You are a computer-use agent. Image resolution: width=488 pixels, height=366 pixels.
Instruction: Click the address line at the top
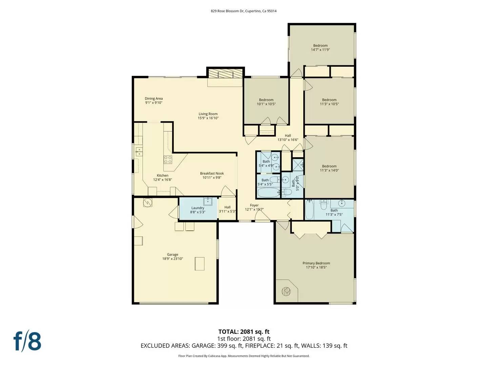pos(244,11)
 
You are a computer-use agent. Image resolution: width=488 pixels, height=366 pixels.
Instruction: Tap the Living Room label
pos(208,114)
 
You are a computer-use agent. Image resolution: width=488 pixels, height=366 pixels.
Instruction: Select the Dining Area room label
pos(154,99)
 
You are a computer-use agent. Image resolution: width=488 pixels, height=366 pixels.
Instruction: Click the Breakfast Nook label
pos(212,174)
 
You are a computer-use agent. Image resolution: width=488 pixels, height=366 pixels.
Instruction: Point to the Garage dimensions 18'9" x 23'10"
pos(172,259)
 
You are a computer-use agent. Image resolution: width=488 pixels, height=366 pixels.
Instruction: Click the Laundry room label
pos(198,208)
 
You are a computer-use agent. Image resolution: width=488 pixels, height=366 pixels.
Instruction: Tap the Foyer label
pos(254,205)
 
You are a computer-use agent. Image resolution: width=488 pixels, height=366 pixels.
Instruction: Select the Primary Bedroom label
pos(316,263)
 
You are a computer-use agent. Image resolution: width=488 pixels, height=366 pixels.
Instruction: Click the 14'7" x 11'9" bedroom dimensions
pos(320,50)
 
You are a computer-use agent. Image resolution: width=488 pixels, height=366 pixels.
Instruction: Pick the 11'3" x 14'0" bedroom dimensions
pos(329,170)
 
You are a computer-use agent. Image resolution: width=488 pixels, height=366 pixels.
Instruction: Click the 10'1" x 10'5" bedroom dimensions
pos(266,104)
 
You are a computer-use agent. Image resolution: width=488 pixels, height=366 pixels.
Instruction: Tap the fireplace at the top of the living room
pos(226,74)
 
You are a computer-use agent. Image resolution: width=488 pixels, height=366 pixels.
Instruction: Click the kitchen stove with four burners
pos(168,160)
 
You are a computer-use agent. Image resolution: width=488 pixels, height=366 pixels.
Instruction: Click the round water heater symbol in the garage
pos(148,202)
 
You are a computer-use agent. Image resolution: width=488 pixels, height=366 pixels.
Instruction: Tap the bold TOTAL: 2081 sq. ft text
pos(244,332)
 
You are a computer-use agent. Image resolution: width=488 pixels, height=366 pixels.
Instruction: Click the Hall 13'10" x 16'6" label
pos(288,138)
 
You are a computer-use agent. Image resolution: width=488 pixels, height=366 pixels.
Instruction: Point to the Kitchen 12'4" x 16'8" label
pos(163,178)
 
